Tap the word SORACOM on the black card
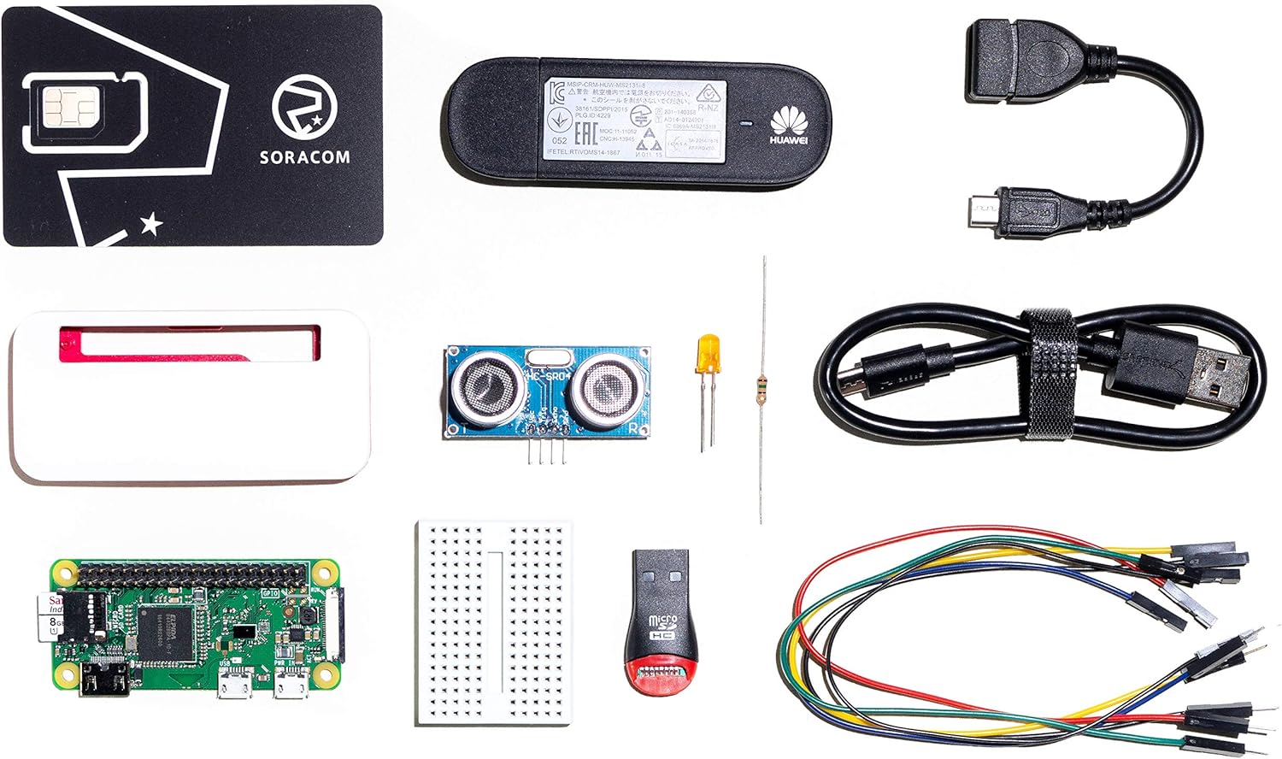pos(304,157)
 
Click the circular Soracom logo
pos(303,109)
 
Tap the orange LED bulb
pos(707,354)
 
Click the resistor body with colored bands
pos(760,390)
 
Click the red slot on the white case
pos(188,343)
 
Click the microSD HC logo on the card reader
pos(664,628)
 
